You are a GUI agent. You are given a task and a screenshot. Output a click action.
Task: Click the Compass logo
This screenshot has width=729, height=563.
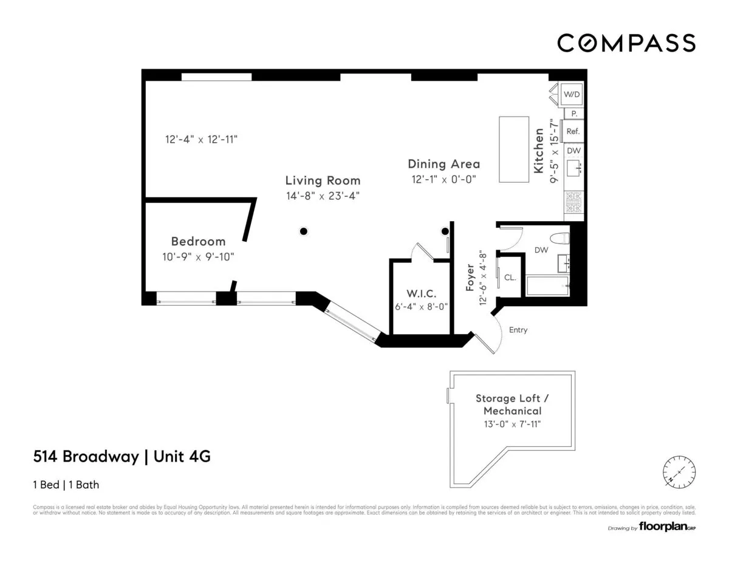(626, 43)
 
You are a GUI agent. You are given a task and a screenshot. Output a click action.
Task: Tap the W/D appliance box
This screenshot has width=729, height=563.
(572, 94)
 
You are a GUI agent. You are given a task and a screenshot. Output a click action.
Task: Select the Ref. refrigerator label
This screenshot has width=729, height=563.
(573, 131)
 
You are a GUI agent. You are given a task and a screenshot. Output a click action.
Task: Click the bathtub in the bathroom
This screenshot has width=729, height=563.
(547, 286)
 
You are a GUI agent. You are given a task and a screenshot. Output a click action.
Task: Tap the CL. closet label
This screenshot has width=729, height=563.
(510, 278)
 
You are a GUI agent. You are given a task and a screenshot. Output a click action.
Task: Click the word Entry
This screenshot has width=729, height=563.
(518, 330)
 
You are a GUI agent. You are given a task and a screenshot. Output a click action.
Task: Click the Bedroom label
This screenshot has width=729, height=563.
(198, 241)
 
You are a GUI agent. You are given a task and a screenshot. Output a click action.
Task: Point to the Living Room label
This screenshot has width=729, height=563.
(323, 180)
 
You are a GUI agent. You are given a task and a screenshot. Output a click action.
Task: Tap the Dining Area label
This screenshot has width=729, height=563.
(443, 164)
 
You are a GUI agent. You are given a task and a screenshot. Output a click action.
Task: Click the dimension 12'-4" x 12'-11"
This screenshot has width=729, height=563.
(201, 139)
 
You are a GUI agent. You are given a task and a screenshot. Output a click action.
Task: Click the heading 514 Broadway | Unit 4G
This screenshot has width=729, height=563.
(122, 457)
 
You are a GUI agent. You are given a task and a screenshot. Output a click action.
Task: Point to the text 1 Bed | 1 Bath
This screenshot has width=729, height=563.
(66, 485)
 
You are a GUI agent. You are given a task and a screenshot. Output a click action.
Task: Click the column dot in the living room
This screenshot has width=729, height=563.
(303, 231)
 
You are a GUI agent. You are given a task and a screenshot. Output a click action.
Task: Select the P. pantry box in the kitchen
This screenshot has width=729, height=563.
(573, 114)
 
